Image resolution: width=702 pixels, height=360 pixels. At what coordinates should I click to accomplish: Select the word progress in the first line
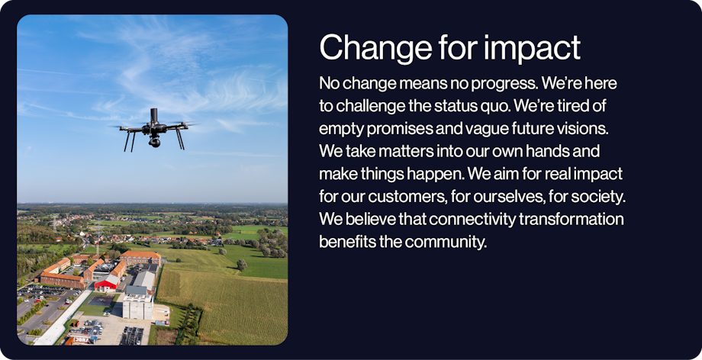tap(496, 84)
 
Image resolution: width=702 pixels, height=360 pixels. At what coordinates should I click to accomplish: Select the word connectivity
tap(474, 220)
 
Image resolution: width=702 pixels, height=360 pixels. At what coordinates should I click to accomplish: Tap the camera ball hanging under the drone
tap(154, 143)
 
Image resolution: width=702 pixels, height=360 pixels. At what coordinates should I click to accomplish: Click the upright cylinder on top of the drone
tap(154, 116)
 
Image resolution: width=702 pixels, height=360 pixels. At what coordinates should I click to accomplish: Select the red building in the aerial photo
tap(106, 283)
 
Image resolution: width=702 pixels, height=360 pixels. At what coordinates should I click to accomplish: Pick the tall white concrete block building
tap(137, 307)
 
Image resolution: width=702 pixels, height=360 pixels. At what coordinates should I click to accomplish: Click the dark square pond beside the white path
tap(101, 301)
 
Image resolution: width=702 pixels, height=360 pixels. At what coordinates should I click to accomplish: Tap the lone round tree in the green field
tap(242, 265)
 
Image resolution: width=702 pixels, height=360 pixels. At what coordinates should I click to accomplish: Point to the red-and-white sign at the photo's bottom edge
tap(82, 340)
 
